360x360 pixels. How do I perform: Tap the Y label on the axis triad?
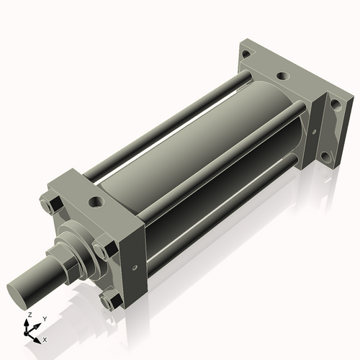point(44,318)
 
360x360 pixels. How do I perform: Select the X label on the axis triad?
point(45,338)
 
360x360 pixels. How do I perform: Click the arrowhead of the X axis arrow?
point(38,336)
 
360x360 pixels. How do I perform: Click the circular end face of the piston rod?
point(19,294)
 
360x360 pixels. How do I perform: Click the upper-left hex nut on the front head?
point(52,204)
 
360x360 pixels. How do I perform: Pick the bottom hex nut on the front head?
point(109,297)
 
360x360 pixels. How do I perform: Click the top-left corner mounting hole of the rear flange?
point(247,55)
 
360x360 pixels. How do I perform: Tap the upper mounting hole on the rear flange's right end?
point(334,104)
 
